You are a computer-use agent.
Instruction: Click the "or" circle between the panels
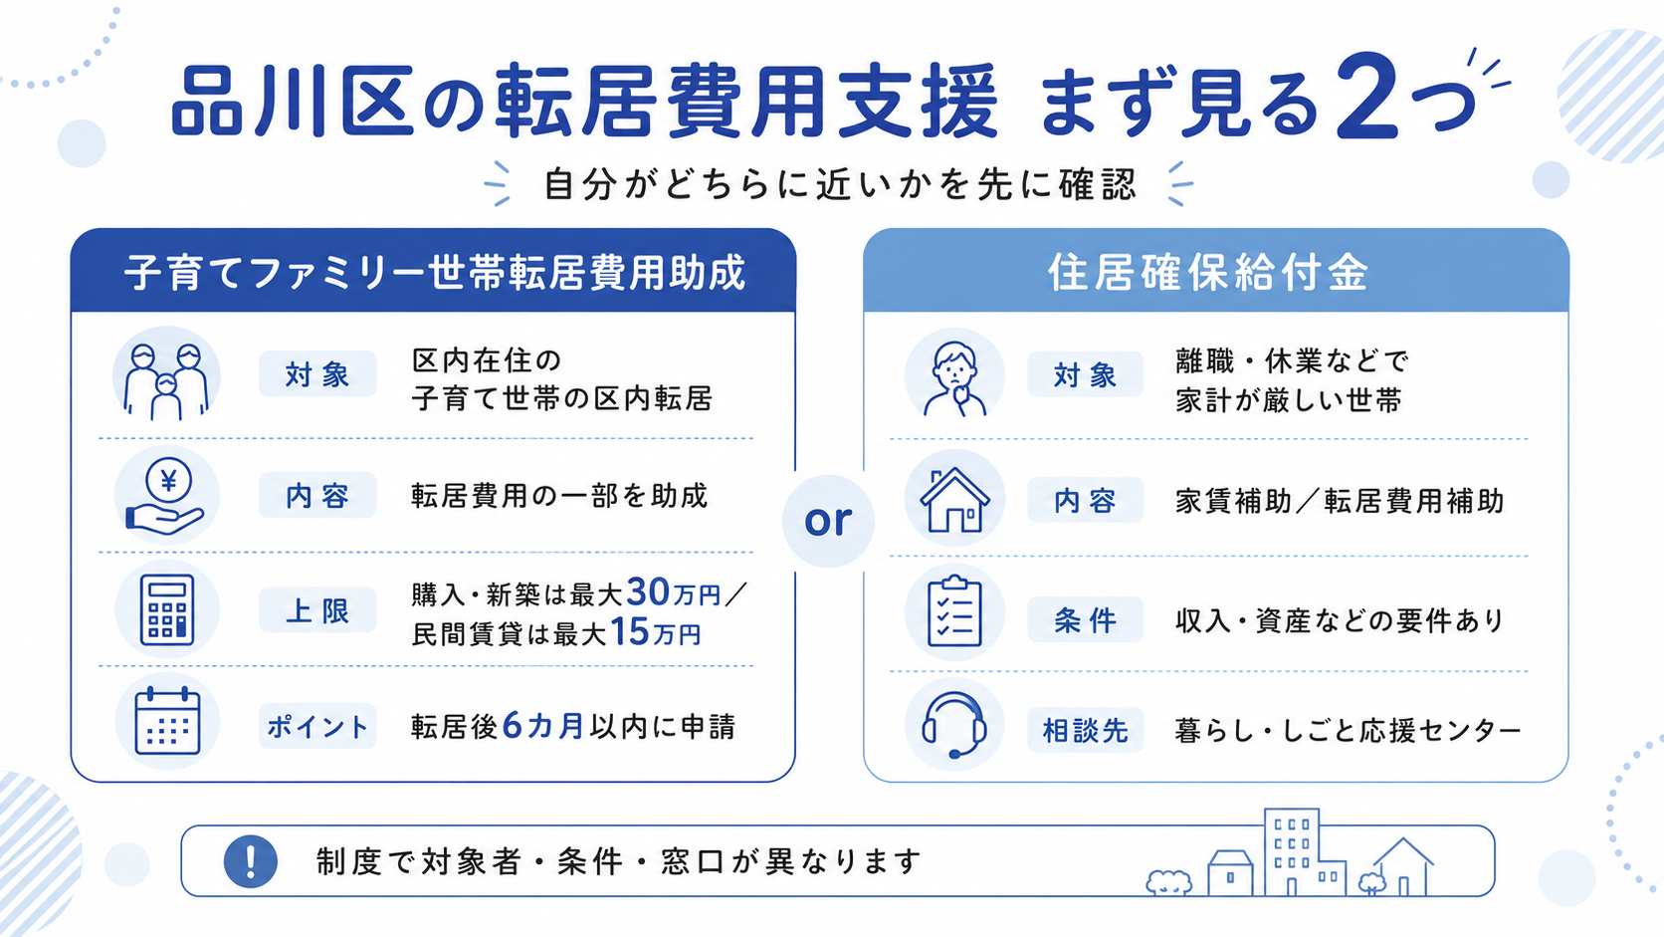828,521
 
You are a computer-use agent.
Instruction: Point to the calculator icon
167,610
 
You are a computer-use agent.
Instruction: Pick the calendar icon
167,721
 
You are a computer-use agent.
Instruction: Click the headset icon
953,725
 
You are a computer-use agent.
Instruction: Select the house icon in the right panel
954,499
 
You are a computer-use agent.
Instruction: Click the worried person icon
954,378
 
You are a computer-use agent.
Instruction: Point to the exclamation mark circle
251,861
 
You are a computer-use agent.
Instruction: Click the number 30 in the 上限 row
648,592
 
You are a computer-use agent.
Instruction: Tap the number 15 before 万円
630,632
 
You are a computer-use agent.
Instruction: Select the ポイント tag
317,726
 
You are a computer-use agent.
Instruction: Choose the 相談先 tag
1086,731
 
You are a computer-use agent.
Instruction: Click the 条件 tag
1086,619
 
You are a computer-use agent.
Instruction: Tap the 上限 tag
317,610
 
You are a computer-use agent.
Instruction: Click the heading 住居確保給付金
1208,273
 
